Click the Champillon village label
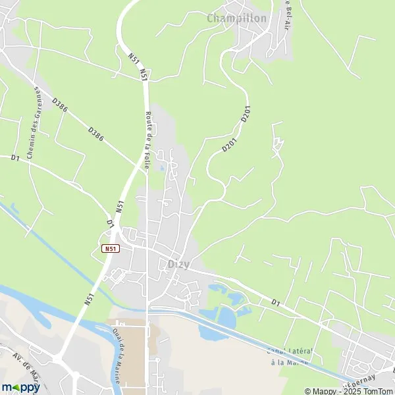point(237,18)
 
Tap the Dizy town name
point(174,264)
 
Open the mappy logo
point(20,387)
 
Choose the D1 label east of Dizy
point(276,302)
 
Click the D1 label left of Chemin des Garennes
point(14,158)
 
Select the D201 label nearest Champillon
point(246,114)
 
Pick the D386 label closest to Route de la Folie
point(96,134)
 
